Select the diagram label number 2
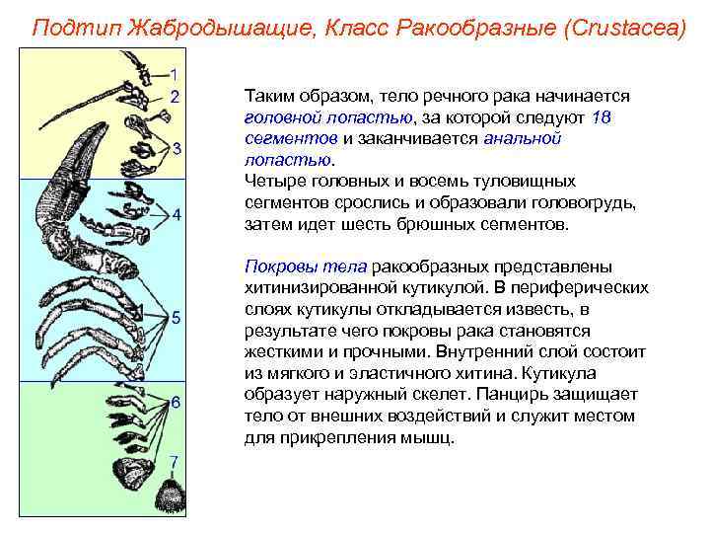coord(175,97)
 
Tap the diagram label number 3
coord(176,149)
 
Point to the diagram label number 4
coord(176,214)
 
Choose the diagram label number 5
coord(176,317)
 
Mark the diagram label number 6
coord(176,403)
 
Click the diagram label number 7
coord(174,461)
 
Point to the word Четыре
coord(274,182)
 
